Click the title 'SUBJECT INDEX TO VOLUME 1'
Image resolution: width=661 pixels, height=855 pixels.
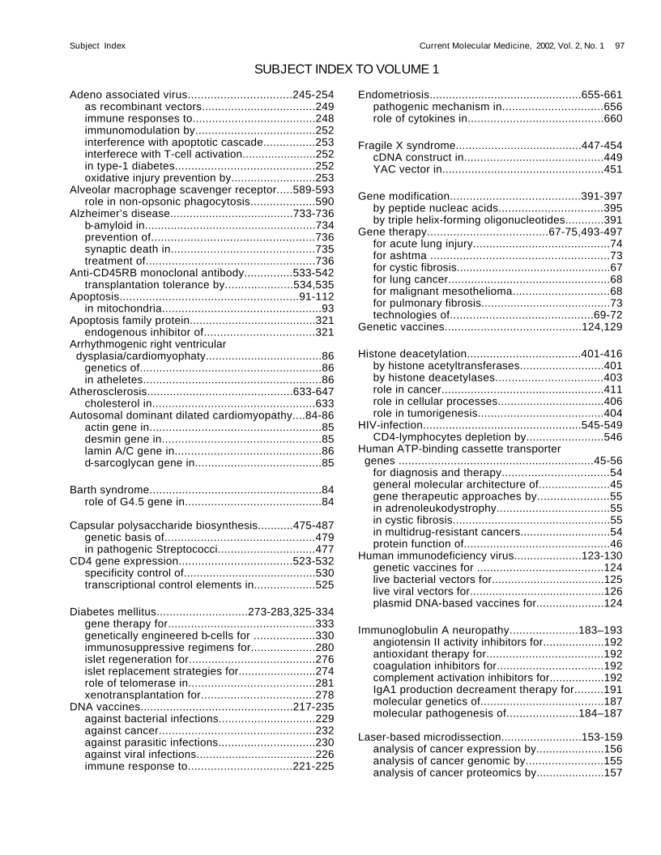point(347,70)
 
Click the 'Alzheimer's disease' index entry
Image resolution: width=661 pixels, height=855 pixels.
point(120,213)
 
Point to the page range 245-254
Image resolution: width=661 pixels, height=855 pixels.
point(313,94)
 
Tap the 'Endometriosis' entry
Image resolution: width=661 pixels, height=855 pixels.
point(392,94)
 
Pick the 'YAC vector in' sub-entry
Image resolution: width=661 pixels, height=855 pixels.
point(407,169)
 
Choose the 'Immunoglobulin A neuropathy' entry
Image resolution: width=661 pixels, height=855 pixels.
point(433,630)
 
